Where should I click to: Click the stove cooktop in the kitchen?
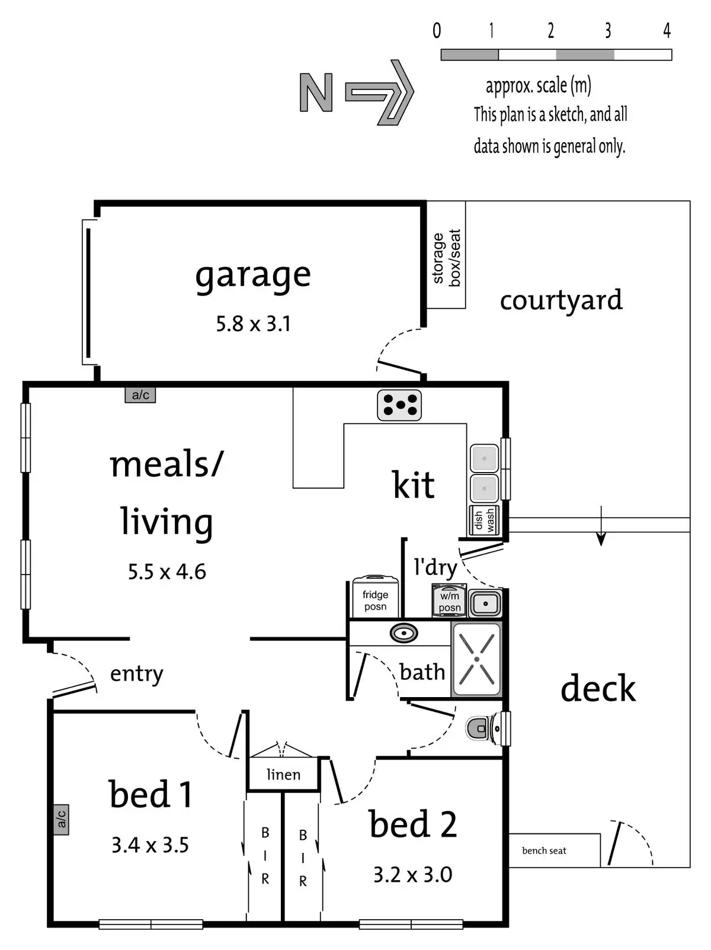[399, 405]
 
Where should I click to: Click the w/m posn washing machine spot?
[449, 601]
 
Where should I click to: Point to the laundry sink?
[486, 604]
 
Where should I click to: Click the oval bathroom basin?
[404, 633]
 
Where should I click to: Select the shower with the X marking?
[477, 659]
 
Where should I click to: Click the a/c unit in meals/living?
[140, 395]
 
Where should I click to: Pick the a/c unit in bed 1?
[61, 820]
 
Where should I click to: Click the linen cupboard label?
[283, 775]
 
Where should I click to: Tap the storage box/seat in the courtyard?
[446, 255]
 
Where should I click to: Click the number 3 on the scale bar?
[608, 31]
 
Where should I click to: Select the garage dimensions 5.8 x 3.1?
[253, 324]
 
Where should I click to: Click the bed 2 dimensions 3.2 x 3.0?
[412, 875]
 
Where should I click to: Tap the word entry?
[136, 674]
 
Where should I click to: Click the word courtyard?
[561, 300]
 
